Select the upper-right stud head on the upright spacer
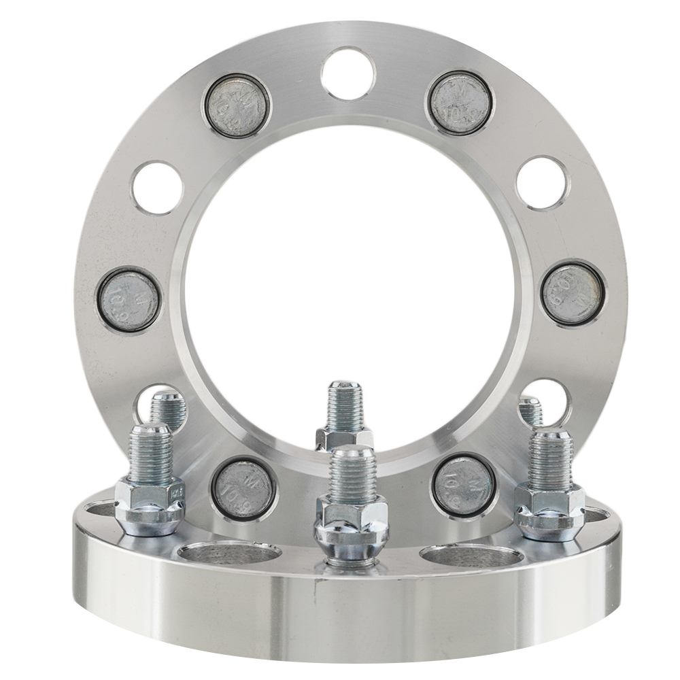coord(460,102)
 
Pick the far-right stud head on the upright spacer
coord(573,294)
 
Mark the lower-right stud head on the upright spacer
coord(463,485)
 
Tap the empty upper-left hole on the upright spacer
coord(158,188)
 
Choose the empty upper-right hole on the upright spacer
coord(541,183)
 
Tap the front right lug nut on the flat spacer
coord(549,511)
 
